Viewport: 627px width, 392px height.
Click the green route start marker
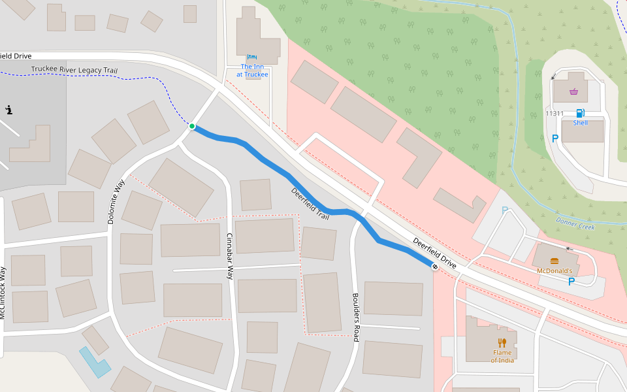coord(192,126)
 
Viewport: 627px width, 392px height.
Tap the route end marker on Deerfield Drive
coord(435,267)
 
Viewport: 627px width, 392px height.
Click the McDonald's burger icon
coord(555,261)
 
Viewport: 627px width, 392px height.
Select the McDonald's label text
coord(554,270)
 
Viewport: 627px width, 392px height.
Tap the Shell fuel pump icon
coord(580,113)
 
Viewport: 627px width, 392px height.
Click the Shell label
coord(580,123)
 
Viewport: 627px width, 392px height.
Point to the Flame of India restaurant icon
coord(502,342)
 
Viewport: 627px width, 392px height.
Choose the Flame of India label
coord(502,357)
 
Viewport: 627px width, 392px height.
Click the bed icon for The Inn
coord(252,57)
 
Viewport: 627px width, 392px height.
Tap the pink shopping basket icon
coord(573,91)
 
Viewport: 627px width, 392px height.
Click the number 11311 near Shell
coord(555,114)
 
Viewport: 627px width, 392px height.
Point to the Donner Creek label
coord(575,223)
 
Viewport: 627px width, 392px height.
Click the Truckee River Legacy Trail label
coord(74,70)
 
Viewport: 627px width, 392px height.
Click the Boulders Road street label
coord(356,317)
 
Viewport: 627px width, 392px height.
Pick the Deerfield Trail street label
coord(310,203)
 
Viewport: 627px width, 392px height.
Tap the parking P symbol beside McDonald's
coord(571,282)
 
